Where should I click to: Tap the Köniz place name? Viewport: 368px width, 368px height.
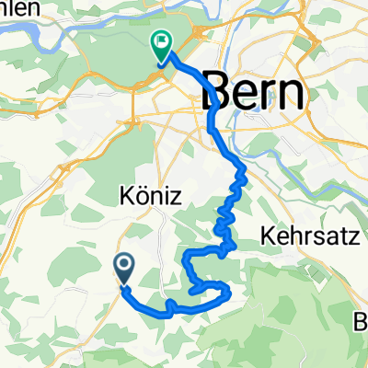click(x=148, y=196)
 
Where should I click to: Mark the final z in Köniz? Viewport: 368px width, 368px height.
click(x=170, y=198)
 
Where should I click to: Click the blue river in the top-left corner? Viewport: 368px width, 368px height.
click(x=28, y=34)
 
